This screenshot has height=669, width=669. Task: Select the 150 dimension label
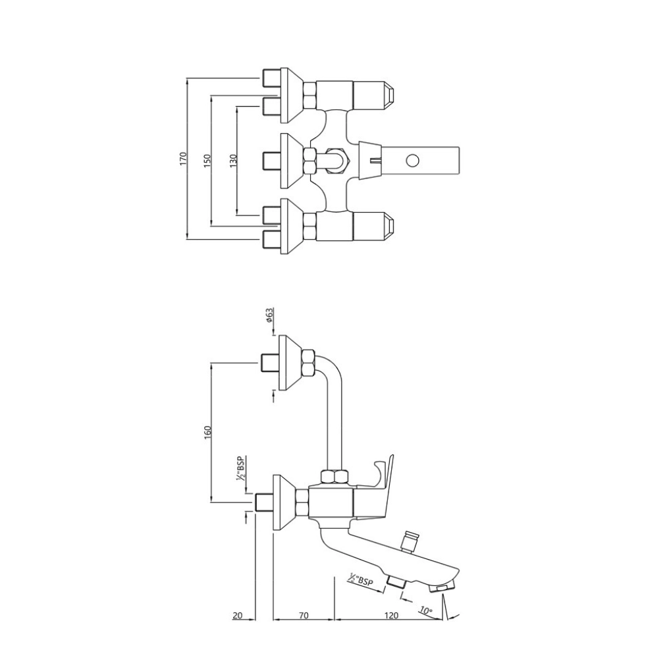207,159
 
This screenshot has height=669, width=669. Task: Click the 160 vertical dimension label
207,432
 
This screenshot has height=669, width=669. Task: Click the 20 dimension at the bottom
238,615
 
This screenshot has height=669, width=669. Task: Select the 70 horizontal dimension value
304,615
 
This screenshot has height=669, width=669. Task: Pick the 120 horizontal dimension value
391,615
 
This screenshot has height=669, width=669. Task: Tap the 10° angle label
426,611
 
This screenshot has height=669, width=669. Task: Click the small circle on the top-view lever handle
413,159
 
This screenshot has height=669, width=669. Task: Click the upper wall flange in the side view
288,362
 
